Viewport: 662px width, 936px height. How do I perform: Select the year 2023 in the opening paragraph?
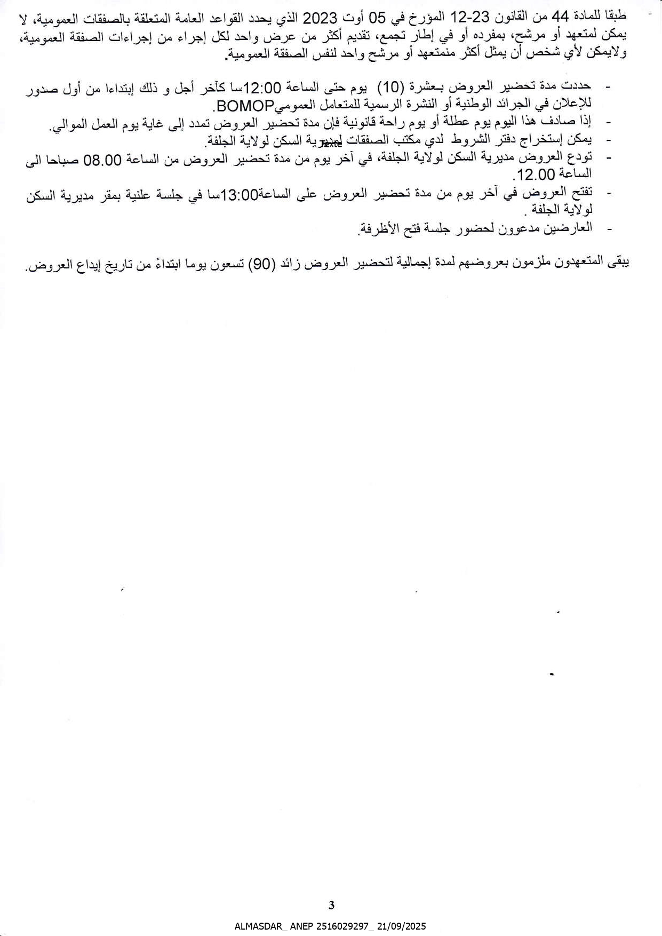(320, 20)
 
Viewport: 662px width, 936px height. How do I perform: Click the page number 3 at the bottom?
(331, 905)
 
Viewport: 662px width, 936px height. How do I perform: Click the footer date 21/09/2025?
(403, 927)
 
